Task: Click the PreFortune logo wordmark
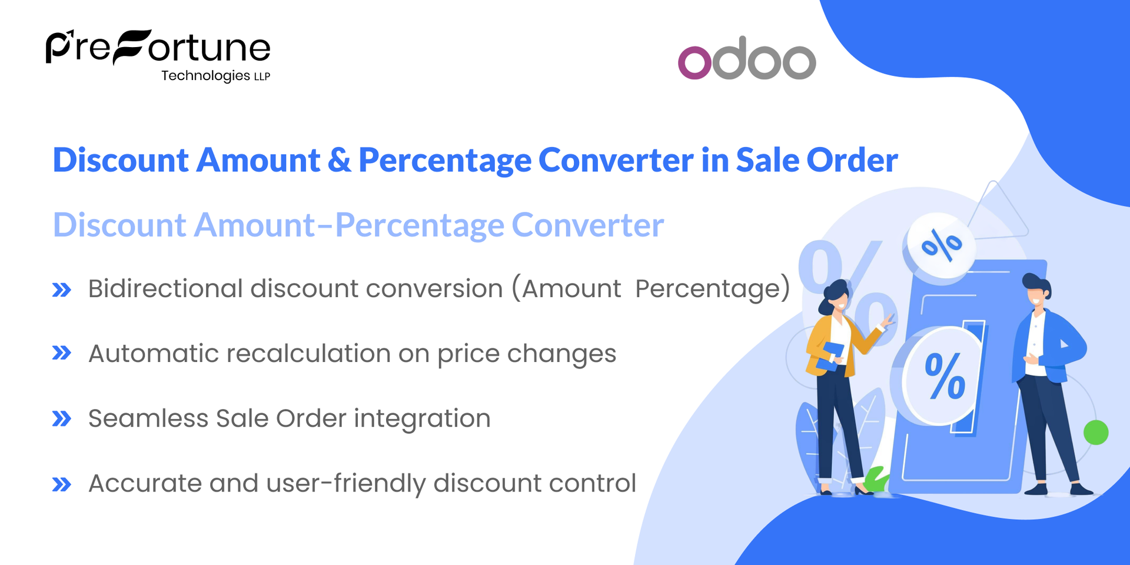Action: point(158,47)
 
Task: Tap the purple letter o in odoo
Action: point(694,62)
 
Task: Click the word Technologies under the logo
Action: point(205,76)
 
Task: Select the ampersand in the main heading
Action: point(339,160)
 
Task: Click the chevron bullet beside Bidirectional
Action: point(62,290)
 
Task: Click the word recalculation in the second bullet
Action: point(308,354)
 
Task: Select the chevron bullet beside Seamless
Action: point(62,419)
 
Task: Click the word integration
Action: point(422,419)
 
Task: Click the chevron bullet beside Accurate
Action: point(62,484)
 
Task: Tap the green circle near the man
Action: point(1096,433)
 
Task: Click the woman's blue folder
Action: point(832,356)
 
